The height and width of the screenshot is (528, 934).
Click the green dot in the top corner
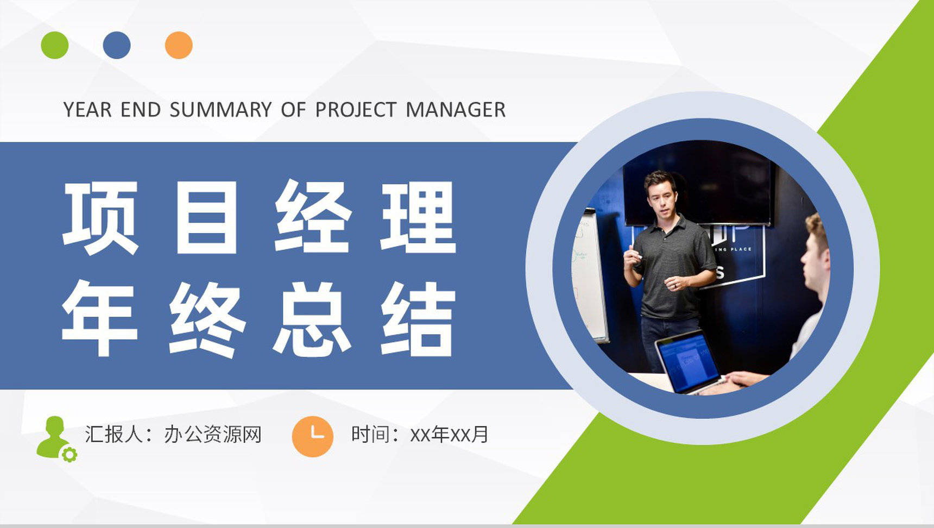coord(55,45)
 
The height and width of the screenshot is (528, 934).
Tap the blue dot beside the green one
coord(117,45)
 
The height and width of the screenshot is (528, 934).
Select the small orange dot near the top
coord(179,45)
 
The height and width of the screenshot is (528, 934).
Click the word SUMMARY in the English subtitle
coord(220,110)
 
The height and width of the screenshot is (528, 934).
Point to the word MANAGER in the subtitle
coord(456,110)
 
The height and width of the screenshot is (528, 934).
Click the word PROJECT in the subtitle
coord(356,110)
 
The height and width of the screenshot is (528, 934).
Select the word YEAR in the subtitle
coord(87,110)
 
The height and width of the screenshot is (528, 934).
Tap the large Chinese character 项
coord(100,217)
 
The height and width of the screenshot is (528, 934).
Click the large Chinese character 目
coord(206,217)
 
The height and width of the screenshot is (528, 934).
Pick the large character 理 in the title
coord(418,217)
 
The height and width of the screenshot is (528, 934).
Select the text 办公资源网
coord(213,435)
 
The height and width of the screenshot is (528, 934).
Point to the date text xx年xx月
coord(449,435)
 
